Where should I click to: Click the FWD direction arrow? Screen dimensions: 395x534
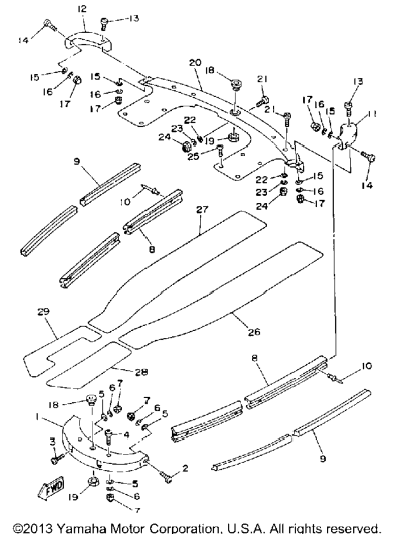[51, 487]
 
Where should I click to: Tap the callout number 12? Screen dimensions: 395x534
[82, 9]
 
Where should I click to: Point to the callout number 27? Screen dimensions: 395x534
[202, 209]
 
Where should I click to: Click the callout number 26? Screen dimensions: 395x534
[254, 331]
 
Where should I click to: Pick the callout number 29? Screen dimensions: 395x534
[44, 311]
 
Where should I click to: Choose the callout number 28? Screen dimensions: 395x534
[142, 373]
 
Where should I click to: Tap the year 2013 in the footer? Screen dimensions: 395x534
[36, 528]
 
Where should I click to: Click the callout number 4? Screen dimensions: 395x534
[126, 435]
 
